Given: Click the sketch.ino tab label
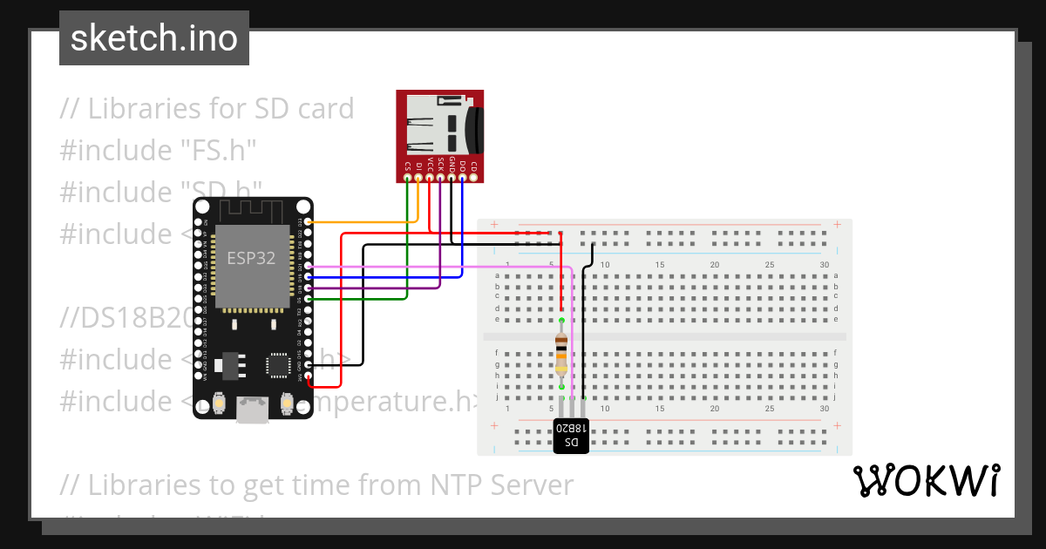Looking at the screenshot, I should pyautogui.click(x=153, y=38).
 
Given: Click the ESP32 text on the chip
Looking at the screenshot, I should pyautogui.click(x=252, y=258).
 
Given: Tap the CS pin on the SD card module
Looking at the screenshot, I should pyautogui.click(x=408, y=178).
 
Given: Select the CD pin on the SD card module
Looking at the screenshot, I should pyautogui.click(x=473, y=178).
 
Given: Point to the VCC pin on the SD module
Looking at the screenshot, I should pyautogui.click(x=430, y=178).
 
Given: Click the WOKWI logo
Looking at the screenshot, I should pyautogui.click(x=926, y=480).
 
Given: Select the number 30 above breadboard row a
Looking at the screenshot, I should pyautogui.click(x=825, y=264).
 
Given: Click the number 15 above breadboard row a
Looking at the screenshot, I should pyautogui.click(x=661, y=264).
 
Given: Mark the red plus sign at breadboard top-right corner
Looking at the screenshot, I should pyautogui.click(x=837, y=225).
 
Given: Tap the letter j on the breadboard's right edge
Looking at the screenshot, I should pyautogui.click(x=835, y=396).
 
